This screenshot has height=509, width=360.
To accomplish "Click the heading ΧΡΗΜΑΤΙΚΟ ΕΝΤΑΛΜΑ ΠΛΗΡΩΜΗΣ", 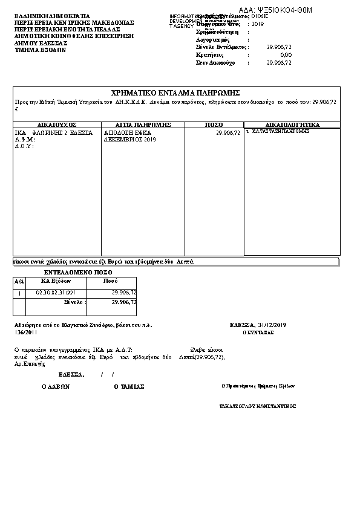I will pos(176,92).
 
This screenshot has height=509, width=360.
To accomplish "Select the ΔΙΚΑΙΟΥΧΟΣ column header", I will pos(57,125).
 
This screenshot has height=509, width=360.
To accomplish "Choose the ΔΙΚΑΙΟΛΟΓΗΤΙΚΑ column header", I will pos(292,125).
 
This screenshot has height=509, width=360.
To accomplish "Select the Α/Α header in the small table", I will pos(19,281).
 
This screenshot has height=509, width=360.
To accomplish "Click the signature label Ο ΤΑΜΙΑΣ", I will pos(129,386).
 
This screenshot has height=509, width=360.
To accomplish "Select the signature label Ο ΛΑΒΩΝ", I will pos(56,386).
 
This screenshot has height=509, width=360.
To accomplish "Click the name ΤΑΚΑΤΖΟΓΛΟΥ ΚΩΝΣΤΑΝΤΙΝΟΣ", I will pos(258,406).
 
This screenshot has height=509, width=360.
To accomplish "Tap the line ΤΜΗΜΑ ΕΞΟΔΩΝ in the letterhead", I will pos(40,50).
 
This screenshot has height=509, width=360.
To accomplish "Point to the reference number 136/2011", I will pos(25,332).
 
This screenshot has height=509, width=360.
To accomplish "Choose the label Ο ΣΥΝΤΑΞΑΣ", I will pos(258,332).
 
